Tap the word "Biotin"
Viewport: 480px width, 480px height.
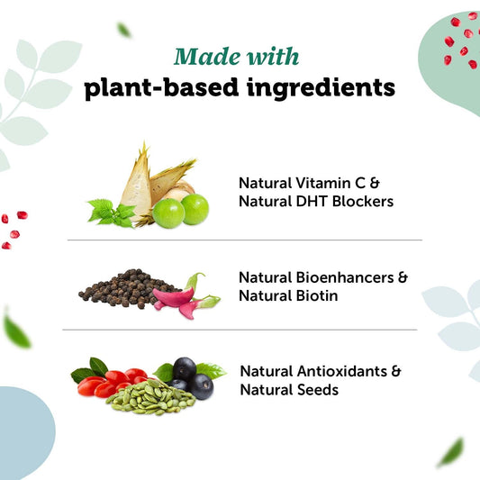click(314, 295)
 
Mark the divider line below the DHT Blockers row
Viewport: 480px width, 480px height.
click(243, 240)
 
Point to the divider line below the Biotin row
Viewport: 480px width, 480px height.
click(239, 330)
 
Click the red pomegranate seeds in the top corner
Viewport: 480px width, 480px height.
click(459, 41)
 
